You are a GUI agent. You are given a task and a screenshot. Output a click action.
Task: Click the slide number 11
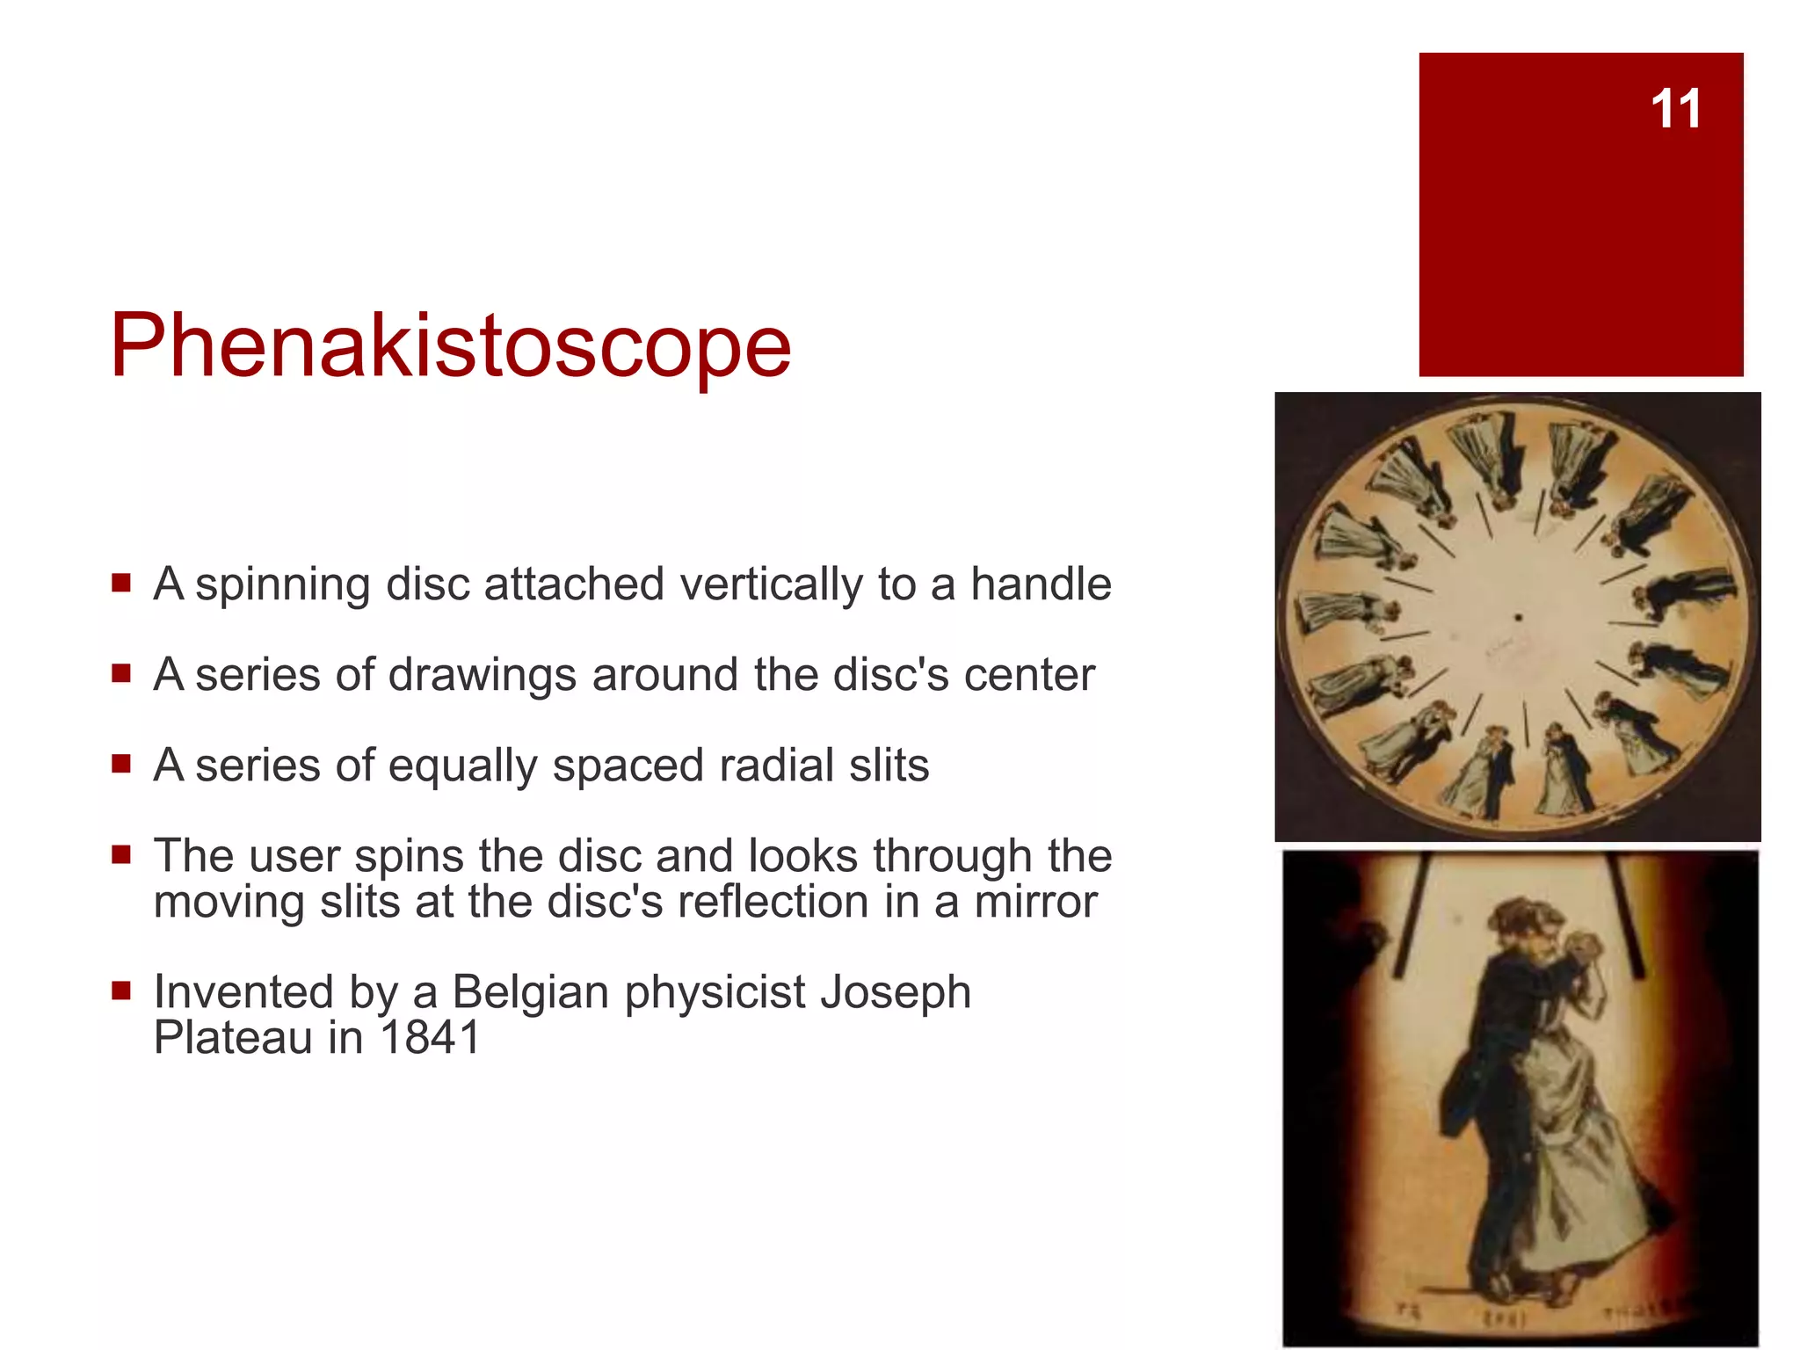tap(1675, 109)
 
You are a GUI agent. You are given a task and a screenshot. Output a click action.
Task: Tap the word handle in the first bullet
tap(1041, 584)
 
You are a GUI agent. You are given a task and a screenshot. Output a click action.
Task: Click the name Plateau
tap(233, 1038)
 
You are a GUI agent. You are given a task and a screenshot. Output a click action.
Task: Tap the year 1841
tap(430, 1038)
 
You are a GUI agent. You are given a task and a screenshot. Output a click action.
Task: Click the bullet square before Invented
tap(121, 992)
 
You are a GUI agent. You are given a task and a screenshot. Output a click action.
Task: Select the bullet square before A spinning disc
tap(121, 583)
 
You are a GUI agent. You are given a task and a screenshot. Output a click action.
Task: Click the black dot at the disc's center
tap(1518, 618)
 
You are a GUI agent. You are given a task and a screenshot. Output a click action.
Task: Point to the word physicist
tap(714, 993)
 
